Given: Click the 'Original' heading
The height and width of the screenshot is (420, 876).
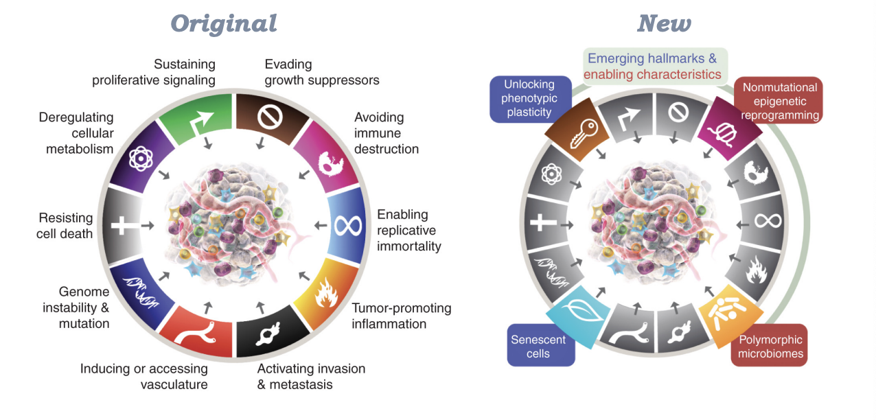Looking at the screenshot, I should click(224, 23).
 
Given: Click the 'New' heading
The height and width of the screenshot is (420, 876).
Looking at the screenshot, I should click(664, 23).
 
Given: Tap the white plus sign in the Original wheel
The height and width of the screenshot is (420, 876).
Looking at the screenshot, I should click(123, 225).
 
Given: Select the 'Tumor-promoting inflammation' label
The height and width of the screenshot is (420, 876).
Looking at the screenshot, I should click(401, 316).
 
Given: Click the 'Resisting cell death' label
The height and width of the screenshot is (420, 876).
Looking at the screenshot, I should click(65, 226).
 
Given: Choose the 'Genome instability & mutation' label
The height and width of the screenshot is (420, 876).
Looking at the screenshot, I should click(76, 307).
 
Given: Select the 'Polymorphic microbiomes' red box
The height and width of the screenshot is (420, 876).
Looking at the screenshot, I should click(770, 347).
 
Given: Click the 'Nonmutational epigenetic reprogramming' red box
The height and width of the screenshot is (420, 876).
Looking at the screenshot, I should click(779, 101).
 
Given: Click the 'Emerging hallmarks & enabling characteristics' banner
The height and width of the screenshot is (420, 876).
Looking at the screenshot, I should click(653, 66).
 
